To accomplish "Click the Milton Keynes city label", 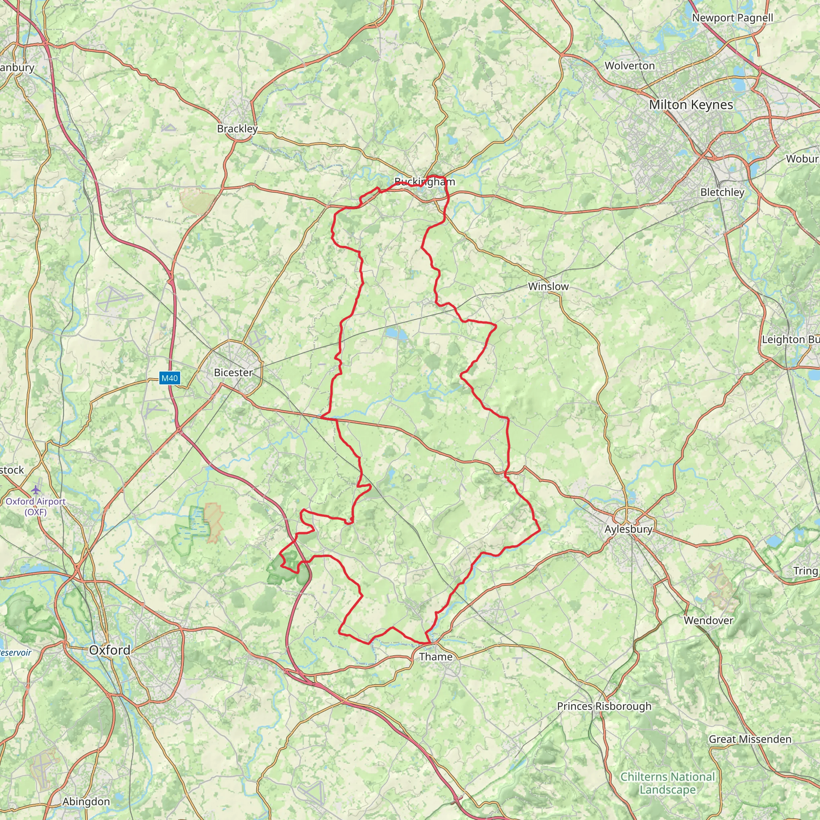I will click(x=691, y=105).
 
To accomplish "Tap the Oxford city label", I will click(x=109, y=650).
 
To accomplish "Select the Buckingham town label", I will click(x=424, y=182).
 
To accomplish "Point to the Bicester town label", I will click(x=233, y=372).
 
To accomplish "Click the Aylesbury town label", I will click(x=628, y=529).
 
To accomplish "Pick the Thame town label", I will click(x=436, y=657).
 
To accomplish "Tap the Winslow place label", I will click(x=548, y=287).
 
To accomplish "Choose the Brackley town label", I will click(x=237, y=129).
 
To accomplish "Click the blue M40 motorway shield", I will click(x=170, y=378).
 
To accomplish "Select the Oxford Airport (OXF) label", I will click(x=36, y=506).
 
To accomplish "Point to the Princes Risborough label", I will click(x=604, y=706).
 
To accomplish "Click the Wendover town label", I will click(x=708, y=621).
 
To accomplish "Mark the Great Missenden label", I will click(x=750, y=740).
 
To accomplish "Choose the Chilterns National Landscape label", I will click(x=667, y=783).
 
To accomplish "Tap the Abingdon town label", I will click(x=86, y=802).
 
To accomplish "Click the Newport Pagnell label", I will click(x=733, y=18).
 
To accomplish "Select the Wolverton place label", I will click(x=630, y=66).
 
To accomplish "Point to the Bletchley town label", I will click(x=722, y=192).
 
